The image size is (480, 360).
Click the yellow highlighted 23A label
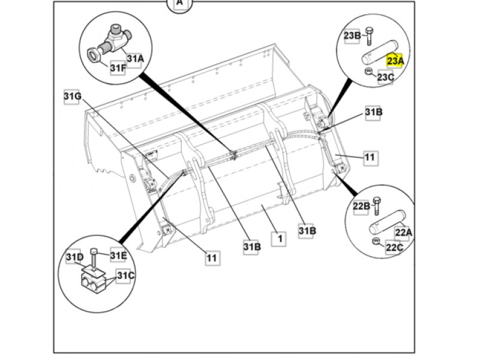tap(395, 61)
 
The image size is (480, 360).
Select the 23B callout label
tap(352, 36)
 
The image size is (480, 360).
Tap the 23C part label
tap(385, 77)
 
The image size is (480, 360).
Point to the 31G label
tap(73, 96)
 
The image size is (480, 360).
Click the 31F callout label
tap(118, 68)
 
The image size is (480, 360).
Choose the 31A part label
tap(135, 58)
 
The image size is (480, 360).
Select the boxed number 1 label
tap(280, 238)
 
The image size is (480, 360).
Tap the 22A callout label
tap(403, 233)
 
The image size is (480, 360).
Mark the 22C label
tap(394, 247)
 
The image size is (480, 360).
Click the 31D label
tap(74, 257)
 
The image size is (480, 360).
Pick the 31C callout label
tap(126, 276)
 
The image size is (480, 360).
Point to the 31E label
tap(118, 256)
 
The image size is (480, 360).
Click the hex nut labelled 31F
tap(94, 55)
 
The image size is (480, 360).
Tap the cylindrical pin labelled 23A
tap(380, 52)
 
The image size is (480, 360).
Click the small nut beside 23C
tap(368, 71)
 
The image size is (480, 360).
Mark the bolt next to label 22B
tap(377, 206)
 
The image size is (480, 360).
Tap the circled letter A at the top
tap(179, 4)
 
